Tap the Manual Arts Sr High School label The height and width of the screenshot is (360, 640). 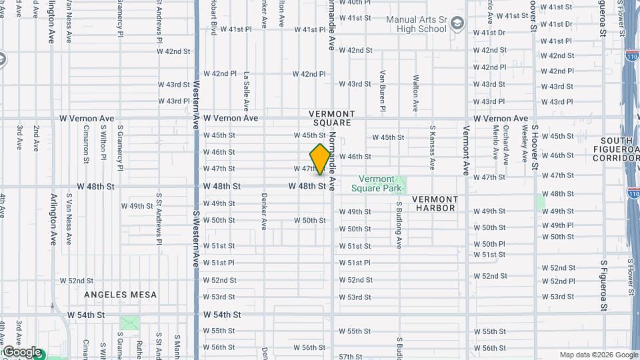click(x=417, y=24)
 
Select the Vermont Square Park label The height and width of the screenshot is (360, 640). click(x=377, y=183)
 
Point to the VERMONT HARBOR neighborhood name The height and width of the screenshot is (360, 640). click(x=434, y=203)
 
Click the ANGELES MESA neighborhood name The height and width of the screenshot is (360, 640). click(x=121, y=295)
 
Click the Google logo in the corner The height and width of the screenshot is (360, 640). click(x=21, y=352)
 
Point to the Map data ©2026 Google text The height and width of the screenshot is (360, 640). click(x=598, y=355)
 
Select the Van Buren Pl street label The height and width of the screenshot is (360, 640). click(x=383, y=90)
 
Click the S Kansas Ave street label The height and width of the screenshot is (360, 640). click(x=433, y=147)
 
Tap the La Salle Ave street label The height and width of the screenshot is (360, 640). click(x=247, y=91)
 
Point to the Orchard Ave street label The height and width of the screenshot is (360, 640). click(x=506, y=141)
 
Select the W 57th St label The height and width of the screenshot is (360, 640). click(x=355, y=357)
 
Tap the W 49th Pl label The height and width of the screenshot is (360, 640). click(x=557, y=225)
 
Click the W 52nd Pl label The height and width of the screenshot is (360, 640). click(x=557, y=281)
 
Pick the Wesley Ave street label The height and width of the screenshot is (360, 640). click(x=525, y=141)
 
